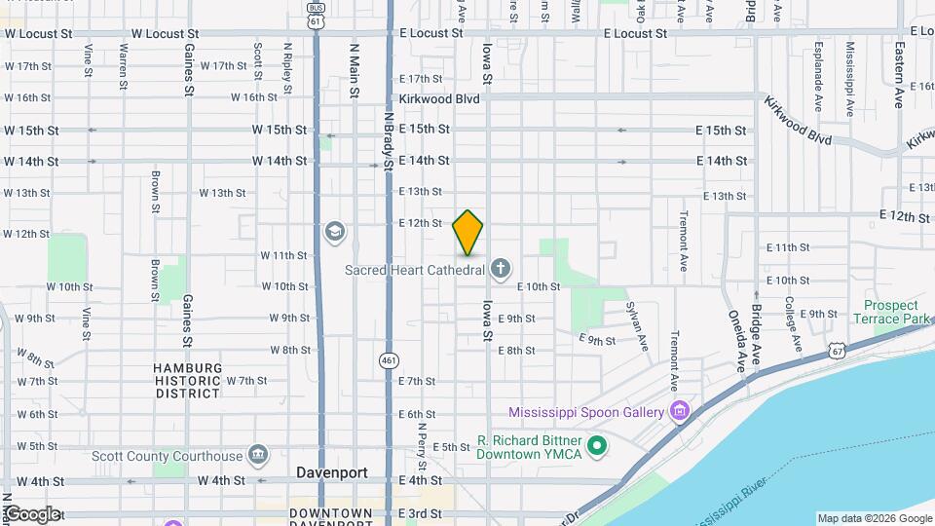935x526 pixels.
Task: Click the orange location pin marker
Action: (467, 233)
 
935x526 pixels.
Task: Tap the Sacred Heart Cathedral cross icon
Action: (501, 269)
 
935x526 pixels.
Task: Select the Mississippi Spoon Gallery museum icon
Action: (680, 412)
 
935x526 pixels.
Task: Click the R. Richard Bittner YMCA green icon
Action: (597, 447)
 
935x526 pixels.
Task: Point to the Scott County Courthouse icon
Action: (257, 455)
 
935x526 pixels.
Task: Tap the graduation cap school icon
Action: (335, 232)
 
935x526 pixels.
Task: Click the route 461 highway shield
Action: (389, 359)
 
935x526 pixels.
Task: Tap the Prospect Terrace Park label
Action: (890, 312)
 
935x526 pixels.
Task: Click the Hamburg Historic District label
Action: (187, 380)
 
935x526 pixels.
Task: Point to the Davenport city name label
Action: (332, 472)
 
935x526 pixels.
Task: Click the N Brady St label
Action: (389, 142)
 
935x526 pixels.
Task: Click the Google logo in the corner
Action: (31, 514)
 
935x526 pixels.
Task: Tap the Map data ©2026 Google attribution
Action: (874, 518)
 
